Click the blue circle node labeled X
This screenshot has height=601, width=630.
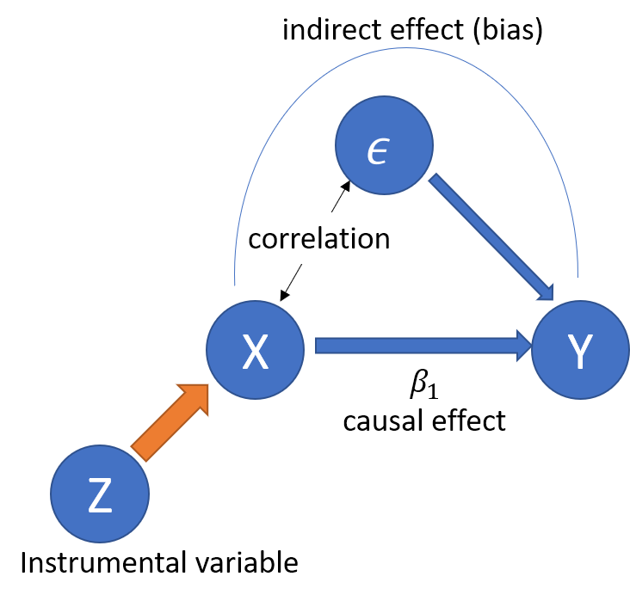tap(255, 349)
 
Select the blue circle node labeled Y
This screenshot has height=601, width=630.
tap(580, 350)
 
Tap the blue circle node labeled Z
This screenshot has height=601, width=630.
tap(100, 494)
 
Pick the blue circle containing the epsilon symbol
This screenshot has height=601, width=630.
tap(383, 145)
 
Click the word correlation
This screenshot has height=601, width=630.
tap(319, 238)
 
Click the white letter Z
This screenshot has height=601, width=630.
tap(100, 496)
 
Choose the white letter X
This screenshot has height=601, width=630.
tap(255, 352)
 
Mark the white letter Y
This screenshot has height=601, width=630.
tap(580, 352)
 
